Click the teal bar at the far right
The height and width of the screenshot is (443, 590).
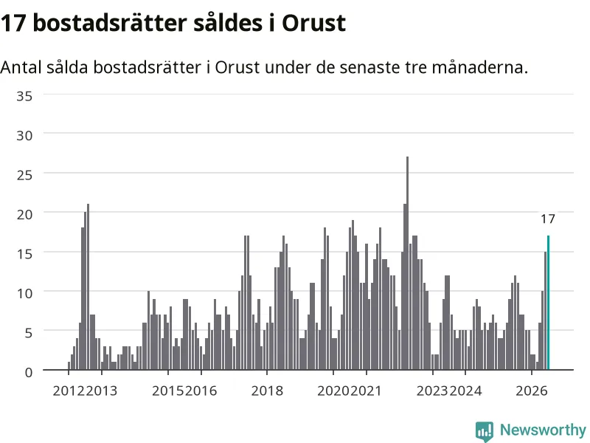coord(548,303)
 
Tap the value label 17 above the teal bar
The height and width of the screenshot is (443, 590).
coord(548,219)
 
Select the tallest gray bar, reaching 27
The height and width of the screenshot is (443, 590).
coord(408,263)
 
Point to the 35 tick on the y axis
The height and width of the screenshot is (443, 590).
coord(24,96)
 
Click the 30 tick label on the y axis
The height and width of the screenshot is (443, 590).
coord(24,136)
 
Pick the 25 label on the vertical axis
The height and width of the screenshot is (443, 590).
coord(24,175)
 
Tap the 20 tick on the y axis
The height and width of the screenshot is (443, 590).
coord(24,215)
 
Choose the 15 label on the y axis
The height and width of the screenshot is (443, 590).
coord(24,254)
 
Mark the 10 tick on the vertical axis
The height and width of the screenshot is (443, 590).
coord(24,293)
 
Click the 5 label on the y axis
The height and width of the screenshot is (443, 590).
coord(29,333)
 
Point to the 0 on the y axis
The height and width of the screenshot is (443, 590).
coord(29,373)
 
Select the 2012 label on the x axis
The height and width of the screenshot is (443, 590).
coord(69,391)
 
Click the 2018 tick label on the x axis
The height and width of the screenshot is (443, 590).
coord(267,391)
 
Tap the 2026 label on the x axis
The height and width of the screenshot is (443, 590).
coord(532,391)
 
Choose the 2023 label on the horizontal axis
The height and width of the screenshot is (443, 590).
coord(432,391)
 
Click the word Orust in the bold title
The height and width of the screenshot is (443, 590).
coord(314,23)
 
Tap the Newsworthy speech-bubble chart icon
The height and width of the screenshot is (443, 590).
coord(485,431)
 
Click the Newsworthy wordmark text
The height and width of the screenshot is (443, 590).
coord(543,430)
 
